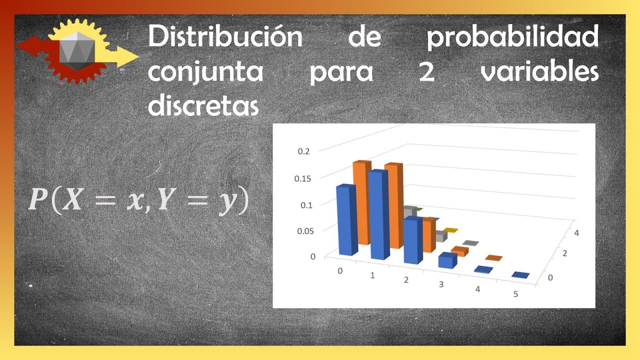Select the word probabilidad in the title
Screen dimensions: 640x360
(512, 37)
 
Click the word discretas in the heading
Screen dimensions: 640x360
(203, 104)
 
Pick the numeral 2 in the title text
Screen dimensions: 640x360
(426, 71)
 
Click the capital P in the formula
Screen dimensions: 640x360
(38, 199)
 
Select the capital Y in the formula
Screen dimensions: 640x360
(166, 199)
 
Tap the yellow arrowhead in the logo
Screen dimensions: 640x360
(127, 56)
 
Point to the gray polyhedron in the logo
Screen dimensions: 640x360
(77, 51)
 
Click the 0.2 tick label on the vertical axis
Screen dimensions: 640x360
(303, 151)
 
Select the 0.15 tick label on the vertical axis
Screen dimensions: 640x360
(302, 178)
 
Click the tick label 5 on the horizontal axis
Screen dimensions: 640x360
(515, 294)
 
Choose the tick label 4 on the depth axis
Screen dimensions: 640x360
(576, 233)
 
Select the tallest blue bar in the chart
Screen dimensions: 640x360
(379, 214)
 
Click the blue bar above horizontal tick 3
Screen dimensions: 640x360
(447, 260)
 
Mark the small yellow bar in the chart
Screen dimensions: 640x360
(450, 230)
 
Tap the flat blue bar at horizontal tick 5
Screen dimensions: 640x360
(520, 275)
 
